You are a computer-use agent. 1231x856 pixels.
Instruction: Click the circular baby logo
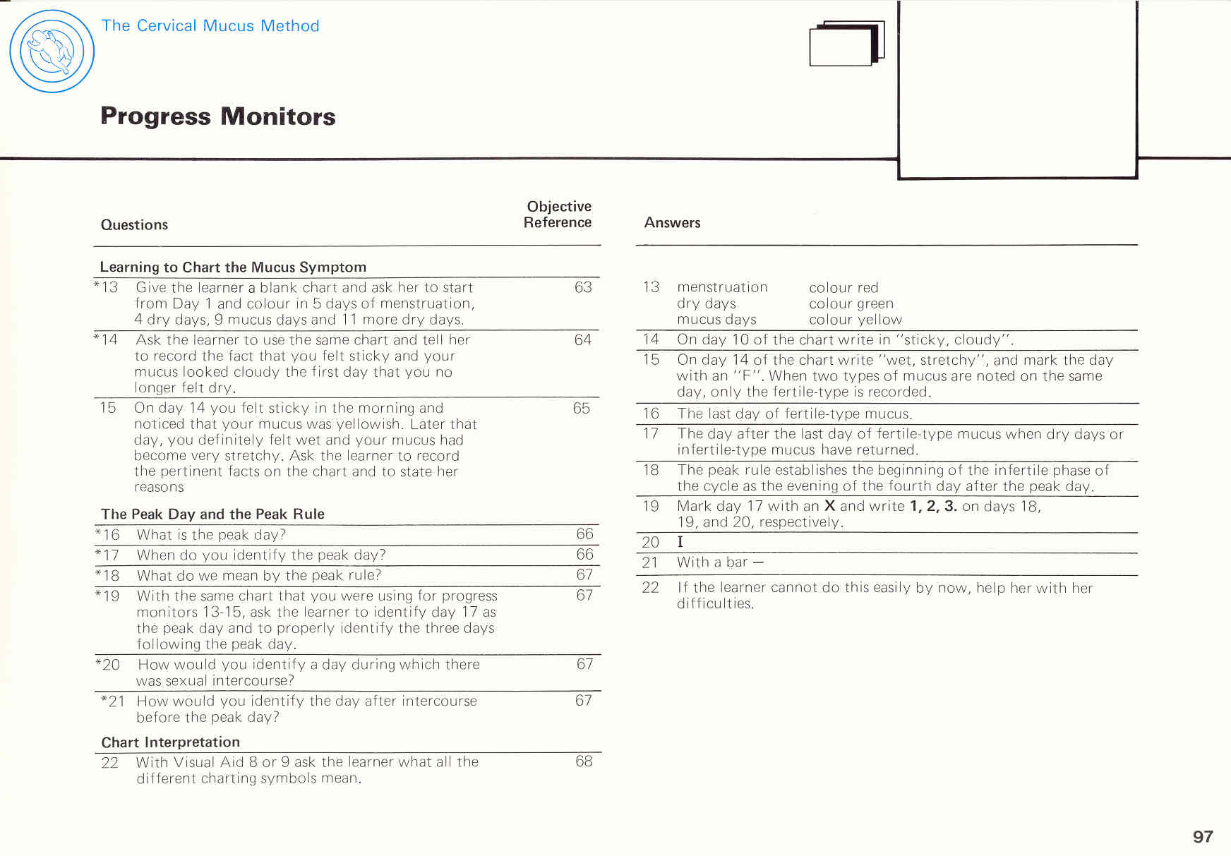click(52, 51)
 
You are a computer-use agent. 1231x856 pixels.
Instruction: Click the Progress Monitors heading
click(217, 116)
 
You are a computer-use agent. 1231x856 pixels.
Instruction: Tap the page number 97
click(1203, 836)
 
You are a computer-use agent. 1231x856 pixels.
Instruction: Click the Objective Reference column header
click(558, 215)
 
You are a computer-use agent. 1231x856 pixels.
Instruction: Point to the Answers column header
click(672, 223)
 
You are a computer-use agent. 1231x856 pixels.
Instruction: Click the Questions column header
click(134, 225)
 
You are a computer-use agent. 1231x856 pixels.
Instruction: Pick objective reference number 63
click(583, 287)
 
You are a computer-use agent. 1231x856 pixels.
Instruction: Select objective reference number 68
click(584, 761)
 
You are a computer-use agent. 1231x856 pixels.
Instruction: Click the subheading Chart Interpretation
click(170, 742)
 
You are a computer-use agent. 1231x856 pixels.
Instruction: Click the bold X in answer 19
click(830, 506)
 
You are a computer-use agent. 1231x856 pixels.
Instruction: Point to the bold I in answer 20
click(680, 542)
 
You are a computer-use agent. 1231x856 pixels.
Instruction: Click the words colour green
click(851, 304)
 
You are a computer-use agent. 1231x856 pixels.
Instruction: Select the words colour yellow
click(855, 320)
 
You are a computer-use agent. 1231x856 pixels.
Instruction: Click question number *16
click(107, 535)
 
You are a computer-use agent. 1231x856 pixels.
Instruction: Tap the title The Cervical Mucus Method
click(210, 26)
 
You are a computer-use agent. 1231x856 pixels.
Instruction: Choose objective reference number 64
click(582, 340)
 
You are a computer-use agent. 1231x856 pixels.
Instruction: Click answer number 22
click(650, 588)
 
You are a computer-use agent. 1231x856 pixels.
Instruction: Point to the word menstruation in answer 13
click(722, 287)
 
